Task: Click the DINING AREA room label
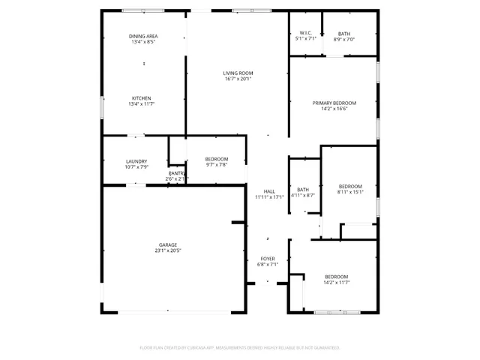(x=142, y=36)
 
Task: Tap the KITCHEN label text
(x=142, y=98)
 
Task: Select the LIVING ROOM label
(x=237, y=73)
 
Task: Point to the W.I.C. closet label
(x=305, y=33)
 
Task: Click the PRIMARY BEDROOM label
(x=334, y=103)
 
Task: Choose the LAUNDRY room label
(x=136, y=161)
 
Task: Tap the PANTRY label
(x=176, y=173)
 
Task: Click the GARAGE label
(x=167, y=244)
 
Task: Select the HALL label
(x=268, y=191)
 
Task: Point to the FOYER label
(x=268, y=259)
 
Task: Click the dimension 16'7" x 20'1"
(x=237, y=79)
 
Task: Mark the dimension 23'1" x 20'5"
(x=167, y=250)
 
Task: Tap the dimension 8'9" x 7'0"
(x=343, y=39)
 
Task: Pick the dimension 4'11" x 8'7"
(x=303, y=195)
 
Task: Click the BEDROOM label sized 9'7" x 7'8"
(x=216, y=159)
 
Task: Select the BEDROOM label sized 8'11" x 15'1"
(x=350, y=186)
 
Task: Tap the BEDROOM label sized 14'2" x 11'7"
(x=336, y=277)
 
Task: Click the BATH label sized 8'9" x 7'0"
(x=343, y=33)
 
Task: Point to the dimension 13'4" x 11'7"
(x=142, y=104)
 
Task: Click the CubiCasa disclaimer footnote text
(x=240, y=347)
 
